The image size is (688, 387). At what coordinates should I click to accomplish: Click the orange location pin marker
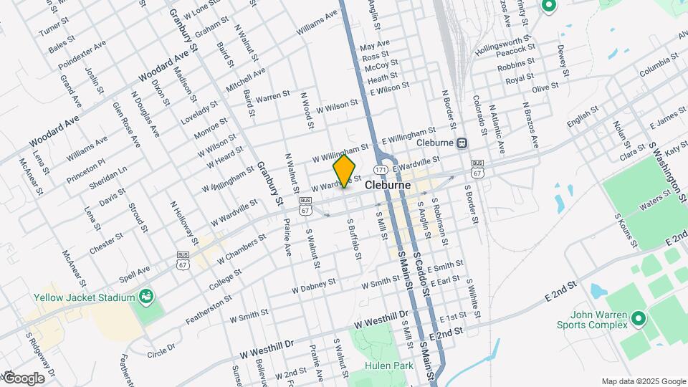345,171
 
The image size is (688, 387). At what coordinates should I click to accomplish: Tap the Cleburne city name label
388,185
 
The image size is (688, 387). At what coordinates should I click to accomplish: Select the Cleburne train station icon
462,143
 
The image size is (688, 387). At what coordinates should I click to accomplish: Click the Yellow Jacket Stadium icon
146,296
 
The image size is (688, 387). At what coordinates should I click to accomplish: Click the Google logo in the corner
24,378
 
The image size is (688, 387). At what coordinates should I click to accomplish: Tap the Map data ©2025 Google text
642,381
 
